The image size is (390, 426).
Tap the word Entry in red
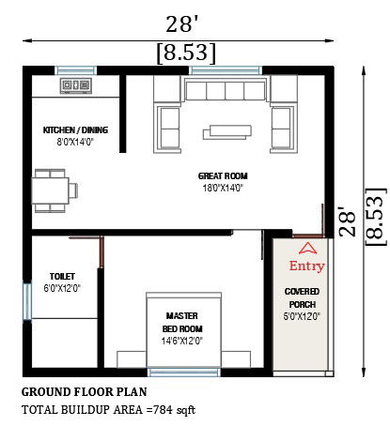point(306,266)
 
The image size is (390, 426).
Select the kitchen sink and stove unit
point(76,85)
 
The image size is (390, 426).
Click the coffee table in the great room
point(227,132)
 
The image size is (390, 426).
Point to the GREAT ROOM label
point(223,176)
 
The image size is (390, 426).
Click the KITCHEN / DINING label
point(75,130)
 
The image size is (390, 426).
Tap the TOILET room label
point(62,277)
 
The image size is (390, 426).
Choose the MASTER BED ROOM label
point(182,323)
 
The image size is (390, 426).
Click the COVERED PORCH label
point(302,297)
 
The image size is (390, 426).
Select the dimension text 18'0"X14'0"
point(223,188)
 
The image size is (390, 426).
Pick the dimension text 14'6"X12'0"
point(182,341)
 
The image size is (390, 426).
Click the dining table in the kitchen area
point(50,190)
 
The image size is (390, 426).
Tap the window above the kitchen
point(76,70)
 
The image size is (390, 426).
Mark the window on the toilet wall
point(27,301)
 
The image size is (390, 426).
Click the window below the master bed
point(184,373)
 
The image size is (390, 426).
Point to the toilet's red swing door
point(101,251)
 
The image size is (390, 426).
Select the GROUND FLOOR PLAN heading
point(84,392)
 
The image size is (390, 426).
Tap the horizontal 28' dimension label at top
point(182,24)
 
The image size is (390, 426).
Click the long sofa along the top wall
point(226,90)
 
